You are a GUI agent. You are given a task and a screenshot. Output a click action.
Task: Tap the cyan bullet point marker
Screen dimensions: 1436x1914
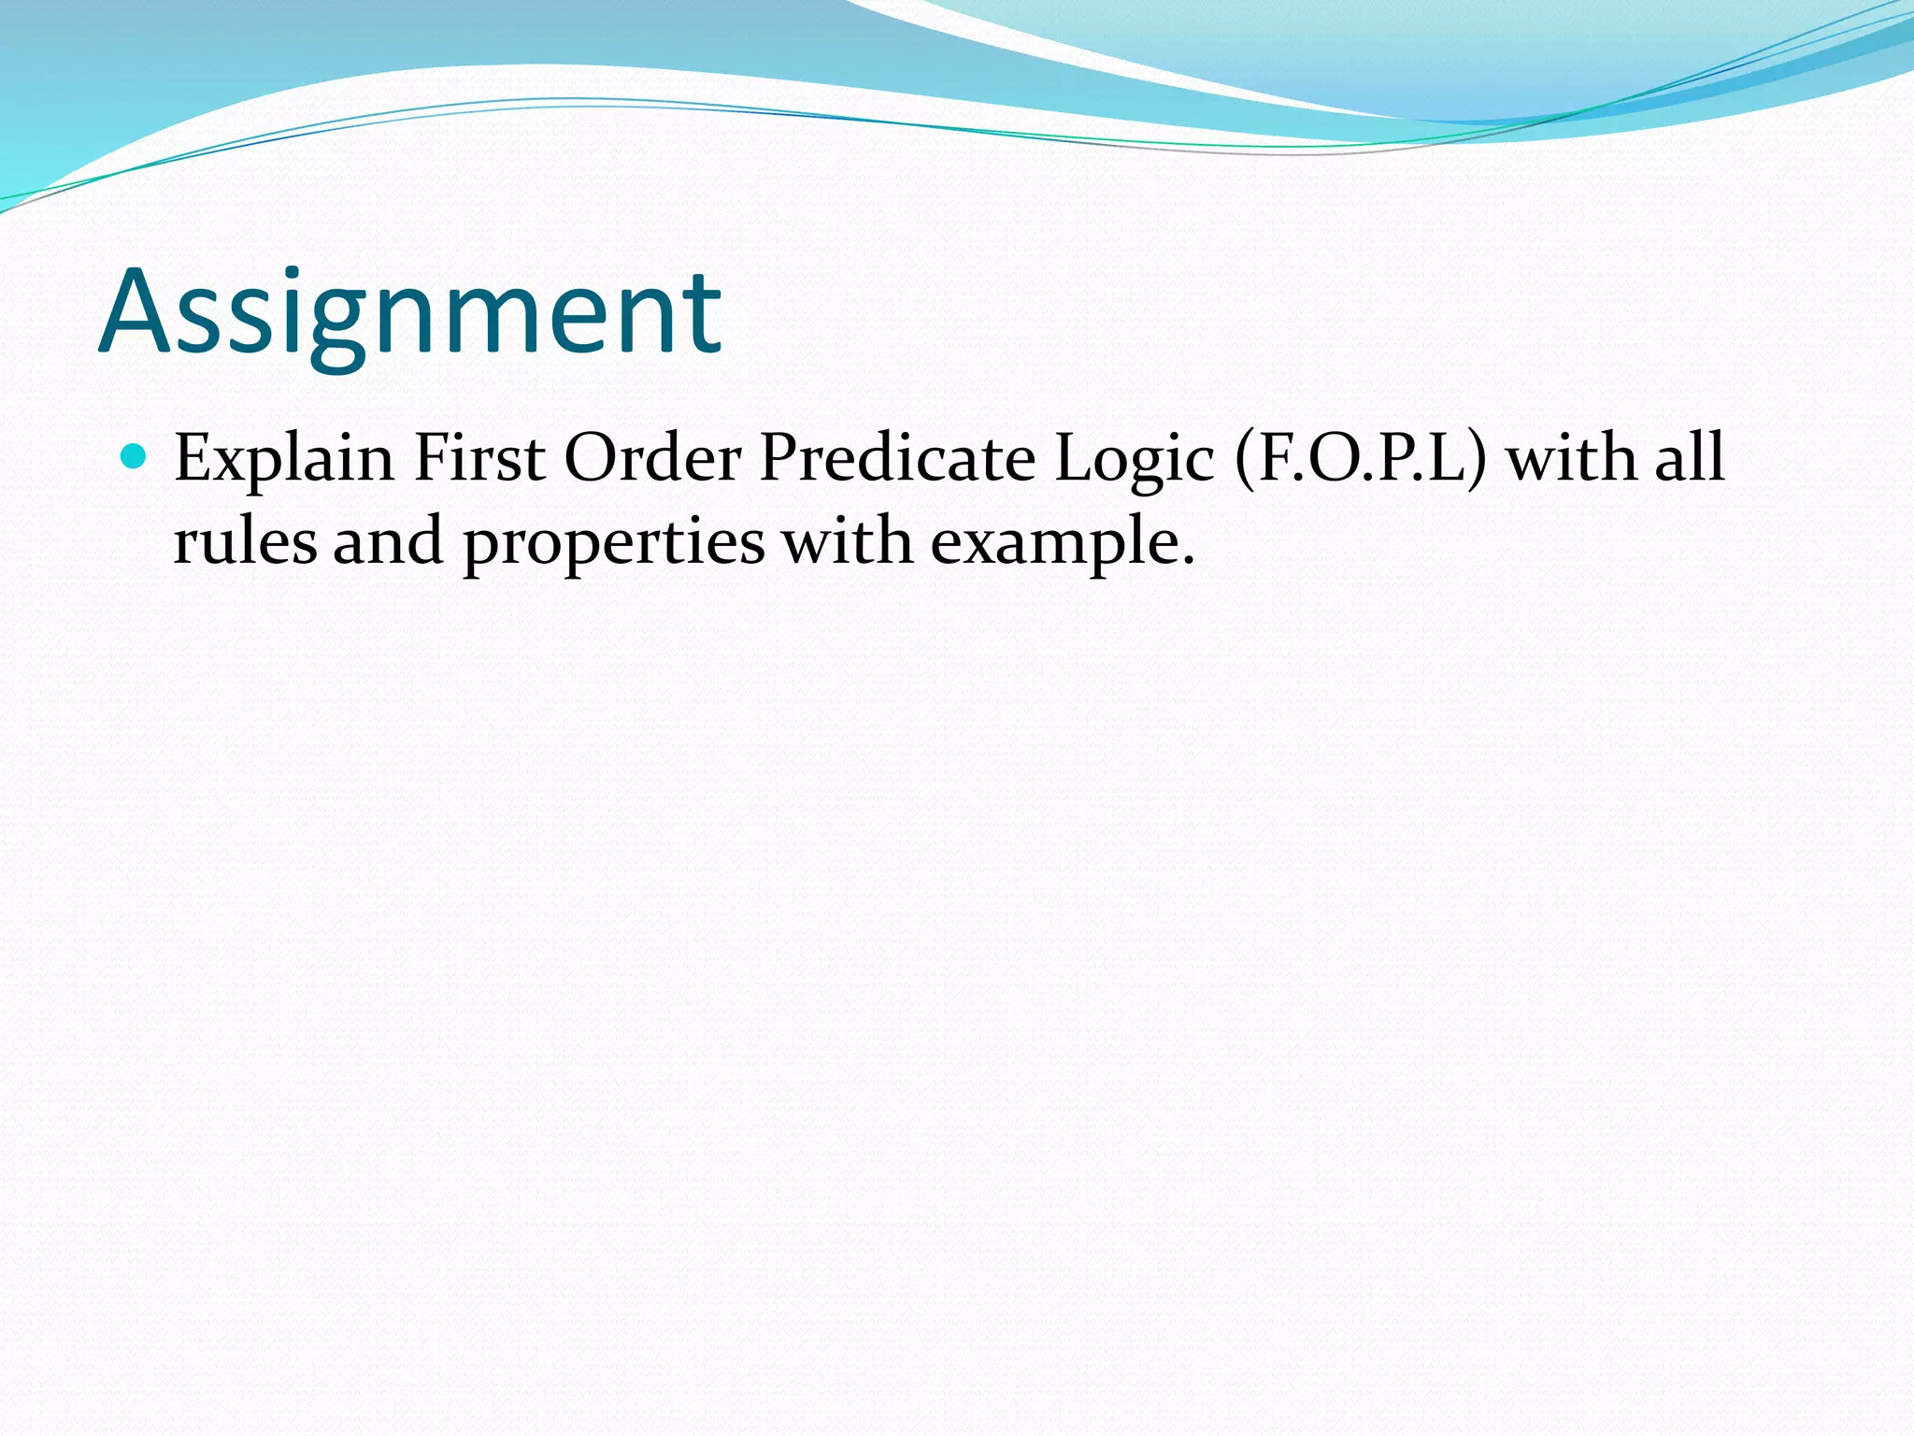pos(135,456)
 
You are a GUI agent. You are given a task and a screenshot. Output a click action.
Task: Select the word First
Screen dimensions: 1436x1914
pos(479,458)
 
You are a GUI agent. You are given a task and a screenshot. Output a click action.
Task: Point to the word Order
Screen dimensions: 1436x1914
pos(653,458)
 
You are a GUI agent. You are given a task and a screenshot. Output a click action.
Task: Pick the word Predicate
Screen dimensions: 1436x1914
pos(897,458)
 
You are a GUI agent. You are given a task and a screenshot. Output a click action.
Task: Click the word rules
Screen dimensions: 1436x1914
pos(245,542)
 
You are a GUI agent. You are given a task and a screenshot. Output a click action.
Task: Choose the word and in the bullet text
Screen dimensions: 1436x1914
pos(388,542)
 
